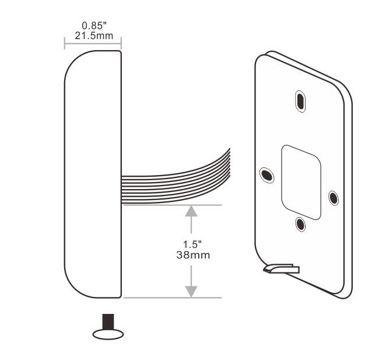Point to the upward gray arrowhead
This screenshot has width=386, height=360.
click(191, 211)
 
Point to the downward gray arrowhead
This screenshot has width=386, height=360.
click(191, 291)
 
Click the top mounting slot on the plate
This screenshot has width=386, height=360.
click(300, 100)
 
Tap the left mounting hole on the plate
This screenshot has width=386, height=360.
click(266, 174)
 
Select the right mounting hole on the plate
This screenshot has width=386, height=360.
click(333, 197)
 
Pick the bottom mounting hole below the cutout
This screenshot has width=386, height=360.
click(300, 223)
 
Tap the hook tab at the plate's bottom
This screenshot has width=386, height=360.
click(280, 268)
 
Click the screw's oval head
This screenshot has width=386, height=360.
click(108, 333)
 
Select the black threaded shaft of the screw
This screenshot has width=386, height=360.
click(108, 321)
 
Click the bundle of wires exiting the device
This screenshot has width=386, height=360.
click(175, 178)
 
